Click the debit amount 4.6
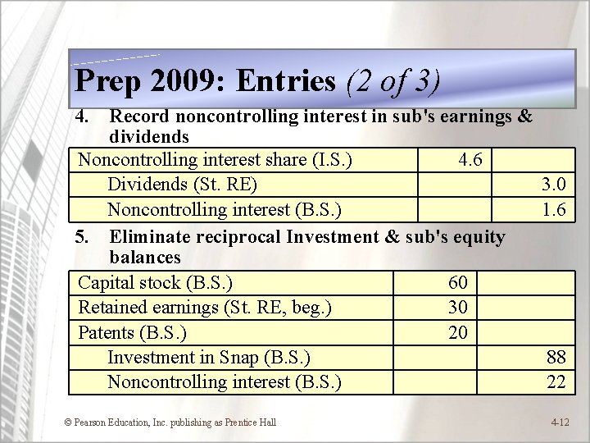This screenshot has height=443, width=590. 470,159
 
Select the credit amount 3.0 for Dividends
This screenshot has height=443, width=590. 554,185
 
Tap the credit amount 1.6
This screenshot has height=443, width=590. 554,209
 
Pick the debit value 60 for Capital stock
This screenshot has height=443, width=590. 458,283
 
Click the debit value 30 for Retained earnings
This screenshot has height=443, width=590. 458,308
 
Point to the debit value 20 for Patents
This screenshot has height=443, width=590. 458,332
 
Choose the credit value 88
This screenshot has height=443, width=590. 556,357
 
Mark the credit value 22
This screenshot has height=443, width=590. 556,381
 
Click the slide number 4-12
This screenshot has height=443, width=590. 560,422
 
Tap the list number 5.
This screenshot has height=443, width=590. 81,238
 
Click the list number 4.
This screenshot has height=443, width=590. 81,116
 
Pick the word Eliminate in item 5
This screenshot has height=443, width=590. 150,238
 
